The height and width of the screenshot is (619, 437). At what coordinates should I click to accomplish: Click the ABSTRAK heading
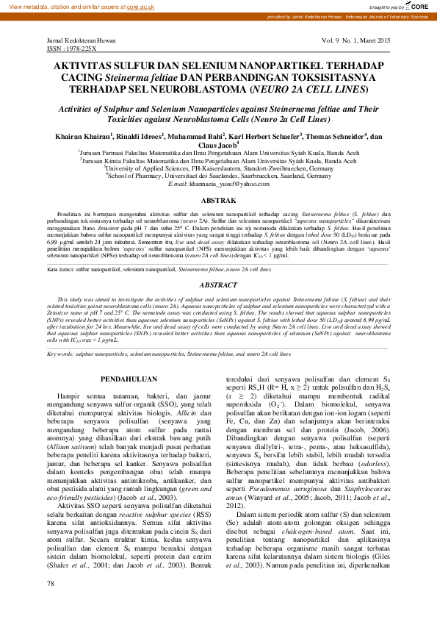coord(218,201)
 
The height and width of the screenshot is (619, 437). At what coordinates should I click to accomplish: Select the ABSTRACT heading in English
coord(218,284)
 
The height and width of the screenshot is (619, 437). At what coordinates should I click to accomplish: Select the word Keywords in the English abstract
coord(61,354)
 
